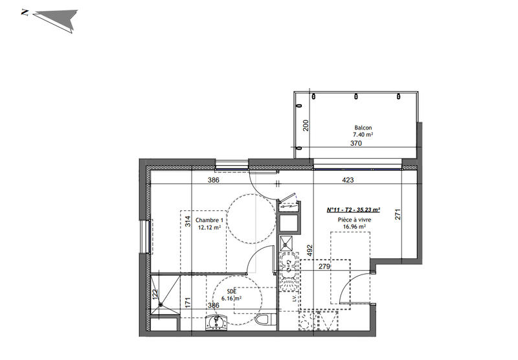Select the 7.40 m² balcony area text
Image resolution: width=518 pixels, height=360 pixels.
pyautogui.click(x=363, y=135)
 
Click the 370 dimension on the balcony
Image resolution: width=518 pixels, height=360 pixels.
pyautogui.click(x=355, y=144)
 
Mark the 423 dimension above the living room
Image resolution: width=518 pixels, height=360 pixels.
pyautogui.click(x=348, y=181)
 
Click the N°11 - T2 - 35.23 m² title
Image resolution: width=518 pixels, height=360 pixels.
pyautogui.click(x=354, y=210)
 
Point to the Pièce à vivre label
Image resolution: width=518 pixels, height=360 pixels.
pyautogui.click(x=354, y=220)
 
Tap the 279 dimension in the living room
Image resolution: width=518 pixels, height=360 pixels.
pyautogui.click(x=324, y=266)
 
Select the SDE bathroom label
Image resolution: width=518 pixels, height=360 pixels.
pyautogui.click(x=231, y=291)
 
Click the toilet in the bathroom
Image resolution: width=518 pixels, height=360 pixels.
pyautogui.click(x=263, y=320)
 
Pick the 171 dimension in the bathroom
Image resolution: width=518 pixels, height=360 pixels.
pyautogui.click(x=186, y=301)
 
